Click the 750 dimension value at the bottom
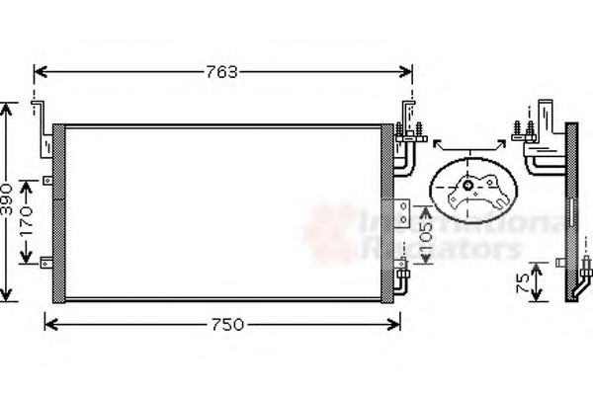[224, 324]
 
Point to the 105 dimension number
[424, 234]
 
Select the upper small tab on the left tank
[46, 181]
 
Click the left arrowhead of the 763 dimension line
[38, 71]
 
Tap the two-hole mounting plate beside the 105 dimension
[404, 210]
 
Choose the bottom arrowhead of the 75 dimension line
[536, 298]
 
